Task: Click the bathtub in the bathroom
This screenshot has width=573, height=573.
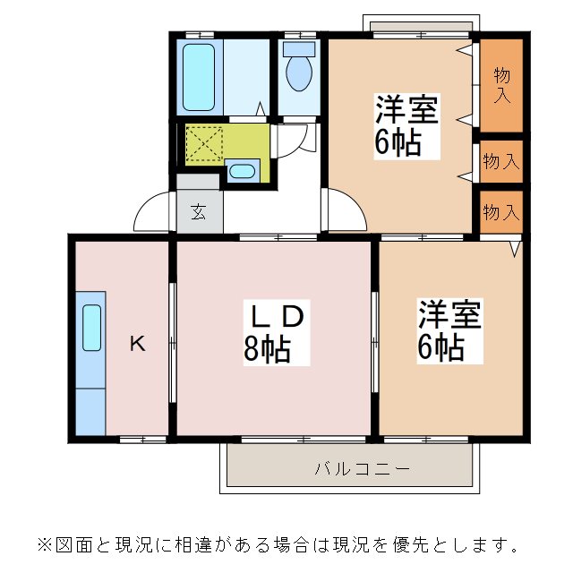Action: [x=200, y=73]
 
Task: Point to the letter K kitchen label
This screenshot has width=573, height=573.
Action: [x=136, y=342]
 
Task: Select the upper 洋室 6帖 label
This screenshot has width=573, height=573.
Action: [x=406, y=125]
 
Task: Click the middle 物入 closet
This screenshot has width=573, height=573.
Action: [x=500, y=162]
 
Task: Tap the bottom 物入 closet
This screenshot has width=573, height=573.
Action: [x=500, y=212]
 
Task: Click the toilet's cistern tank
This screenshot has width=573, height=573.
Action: [x=300, y=48]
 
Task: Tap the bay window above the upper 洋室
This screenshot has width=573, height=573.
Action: [x=417, y=24]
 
